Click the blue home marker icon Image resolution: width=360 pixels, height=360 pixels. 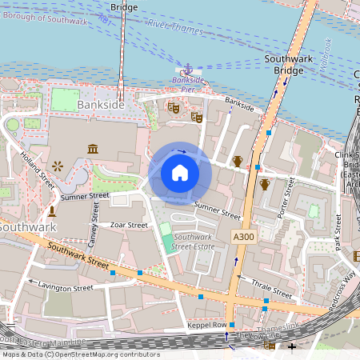pyautogui.click(x=180, y=173)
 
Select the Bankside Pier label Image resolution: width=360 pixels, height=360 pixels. pyautogui.click(x=188, y=85)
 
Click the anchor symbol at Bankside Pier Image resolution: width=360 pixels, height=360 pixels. pyautogui.click(x=189, y=70)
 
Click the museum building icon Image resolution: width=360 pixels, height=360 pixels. pyautogui.click(x=93, y=150)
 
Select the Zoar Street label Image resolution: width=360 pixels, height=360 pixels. pyautogui.click(x=129, y=226)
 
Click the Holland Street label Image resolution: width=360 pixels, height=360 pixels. pyautogui.click(x=37, y=169)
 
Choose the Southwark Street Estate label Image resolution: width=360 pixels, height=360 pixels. pyautogui.click(x=193, y=242)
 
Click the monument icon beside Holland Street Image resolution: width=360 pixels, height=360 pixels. pyautogui.click(x=52, y=211)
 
